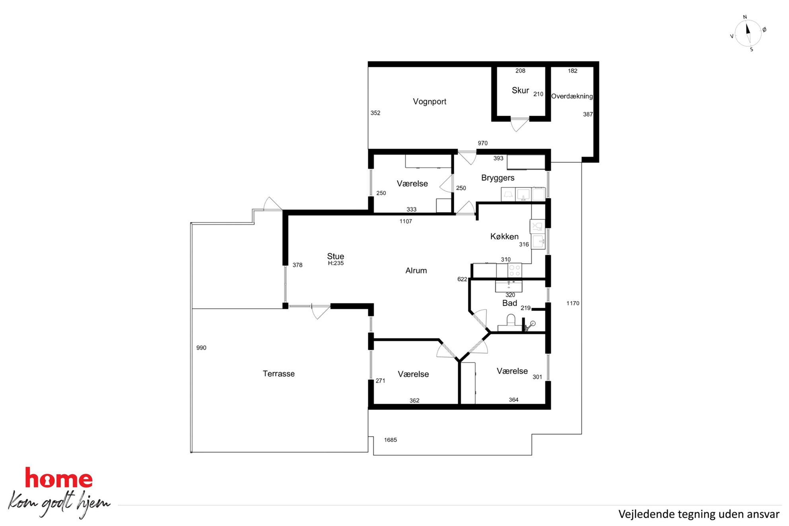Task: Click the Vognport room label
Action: coord(429,102)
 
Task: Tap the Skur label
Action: coord(520,91)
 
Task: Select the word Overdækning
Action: coord(572,96)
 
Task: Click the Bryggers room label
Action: coord(497,178)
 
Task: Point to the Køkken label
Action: coord(504,237)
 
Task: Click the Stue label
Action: coord(336,256)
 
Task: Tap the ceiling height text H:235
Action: coord(336,263)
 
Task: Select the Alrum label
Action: coord(416,271)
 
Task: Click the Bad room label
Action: coord(509,303)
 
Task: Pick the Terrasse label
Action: coord(279,374)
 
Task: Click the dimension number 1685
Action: coord(391,440)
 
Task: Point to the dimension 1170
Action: coord(573,303)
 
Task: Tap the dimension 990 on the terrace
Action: coord(201,348)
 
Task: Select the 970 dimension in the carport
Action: coord(483,143)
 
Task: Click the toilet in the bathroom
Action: coord(511,320)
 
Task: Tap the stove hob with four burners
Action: coord(515,271)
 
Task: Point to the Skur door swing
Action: coord(519,124)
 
